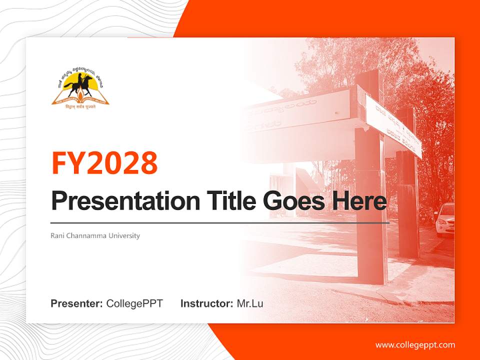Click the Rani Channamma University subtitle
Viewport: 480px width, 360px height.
point(95,235)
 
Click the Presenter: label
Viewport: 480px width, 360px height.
point(76,303)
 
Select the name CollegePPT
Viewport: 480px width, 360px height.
point(134,303)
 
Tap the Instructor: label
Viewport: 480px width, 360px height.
point(206,303)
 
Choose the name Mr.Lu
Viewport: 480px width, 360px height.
point(249,303)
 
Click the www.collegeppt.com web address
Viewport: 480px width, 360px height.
point(415,345)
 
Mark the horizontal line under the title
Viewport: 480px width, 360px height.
point(220,222)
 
